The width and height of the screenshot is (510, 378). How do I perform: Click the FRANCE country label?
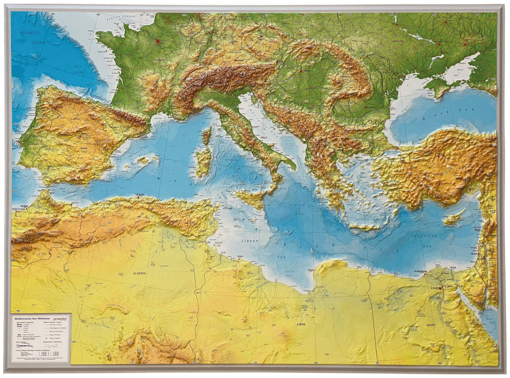(x=159, y=60)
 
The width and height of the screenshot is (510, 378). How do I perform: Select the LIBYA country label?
(x=301, y=324)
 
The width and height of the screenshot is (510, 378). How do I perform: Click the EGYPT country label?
(x=431, y=325)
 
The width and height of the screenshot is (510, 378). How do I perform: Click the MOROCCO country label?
(x=56, y=231)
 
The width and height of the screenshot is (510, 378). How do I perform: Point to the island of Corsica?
(x=206, y=137)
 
